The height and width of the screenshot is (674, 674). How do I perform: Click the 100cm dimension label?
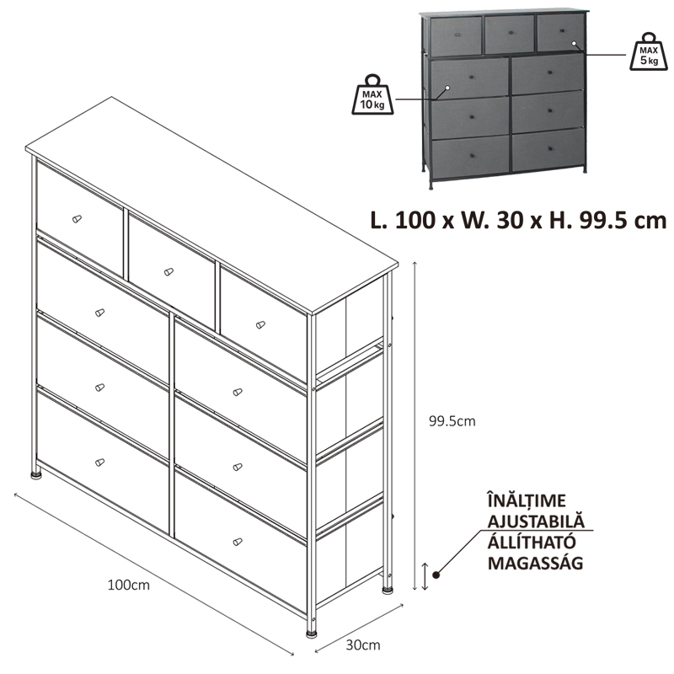129,585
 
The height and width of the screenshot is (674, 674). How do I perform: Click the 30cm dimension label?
363,645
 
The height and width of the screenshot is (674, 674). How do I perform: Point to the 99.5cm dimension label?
452,420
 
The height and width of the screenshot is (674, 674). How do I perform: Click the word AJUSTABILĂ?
536,521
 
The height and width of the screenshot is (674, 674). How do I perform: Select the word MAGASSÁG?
535,563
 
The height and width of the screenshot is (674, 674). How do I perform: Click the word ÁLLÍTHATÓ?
532,542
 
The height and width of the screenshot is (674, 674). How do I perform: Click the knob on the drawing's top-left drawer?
77,219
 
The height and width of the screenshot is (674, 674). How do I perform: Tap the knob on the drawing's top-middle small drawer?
168,271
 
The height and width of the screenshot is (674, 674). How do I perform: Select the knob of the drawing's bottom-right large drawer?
238,542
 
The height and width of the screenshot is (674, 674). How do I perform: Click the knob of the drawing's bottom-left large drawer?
99,462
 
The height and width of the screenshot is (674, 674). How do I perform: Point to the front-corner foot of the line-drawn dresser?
312,634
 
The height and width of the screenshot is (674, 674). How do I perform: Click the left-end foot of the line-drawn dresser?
36,475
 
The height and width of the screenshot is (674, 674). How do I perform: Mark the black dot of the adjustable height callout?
436,575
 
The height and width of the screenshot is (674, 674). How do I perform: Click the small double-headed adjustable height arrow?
425,576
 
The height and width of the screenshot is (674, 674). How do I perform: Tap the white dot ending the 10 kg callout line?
447,88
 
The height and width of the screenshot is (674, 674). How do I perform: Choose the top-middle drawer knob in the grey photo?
511,33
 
